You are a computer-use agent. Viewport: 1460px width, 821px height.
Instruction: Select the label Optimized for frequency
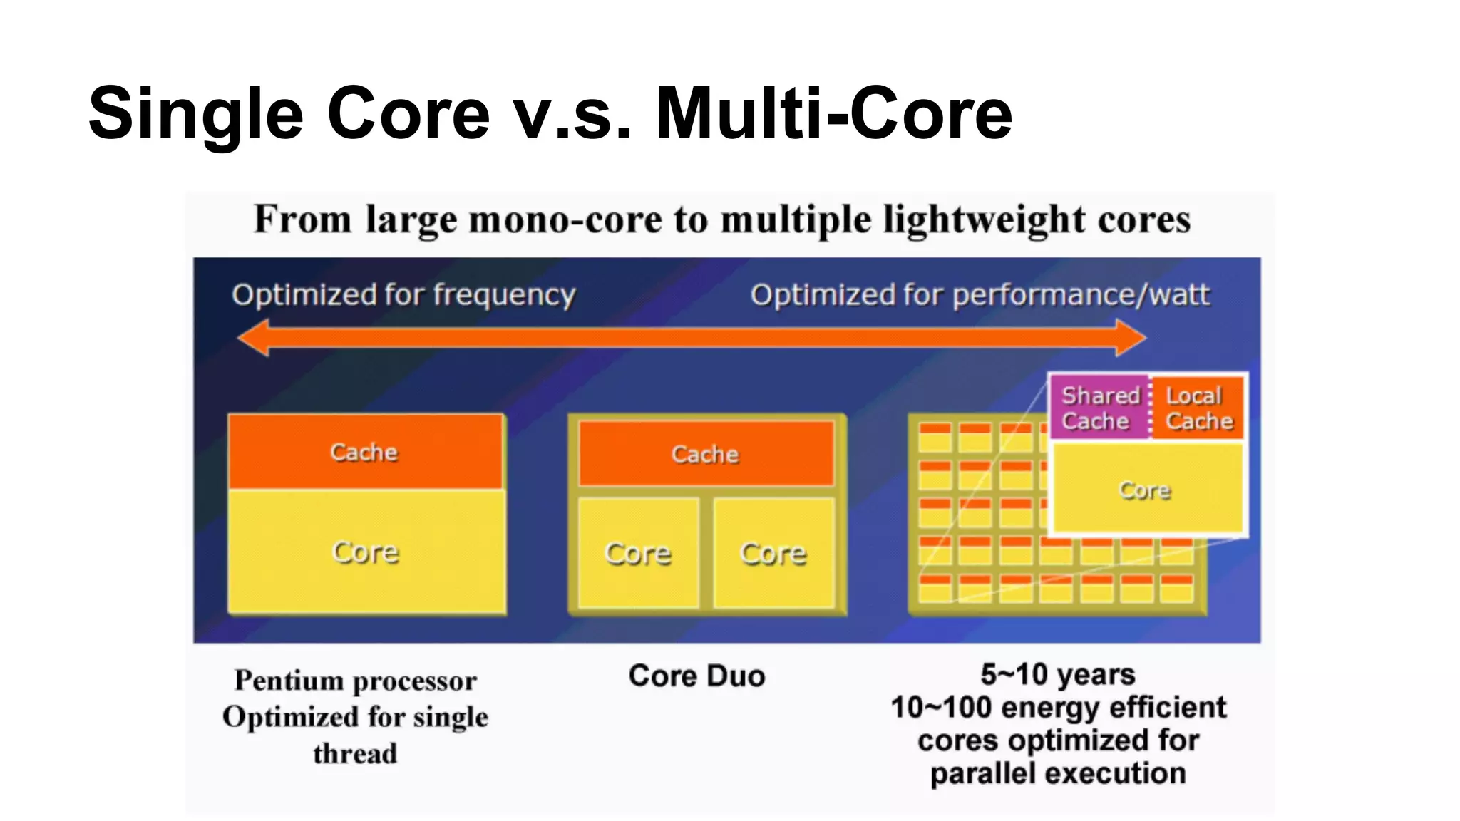pos(403,295)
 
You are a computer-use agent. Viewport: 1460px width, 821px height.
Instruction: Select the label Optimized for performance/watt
pos(980,295)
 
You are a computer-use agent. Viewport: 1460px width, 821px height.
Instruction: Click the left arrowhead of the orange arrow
pos(253,338)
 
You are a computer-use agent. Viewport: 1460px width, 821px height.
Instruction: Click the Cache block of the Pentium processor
pos(365,452)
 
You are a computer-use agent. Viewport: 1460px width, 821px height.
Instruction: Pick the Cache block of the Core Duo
pos(706,454)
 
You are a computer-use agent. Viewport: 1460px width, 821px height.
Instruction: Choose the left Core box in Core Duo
pos(638,554)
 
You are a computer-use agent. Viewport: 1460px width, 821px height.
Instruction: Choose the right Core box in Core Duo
pos(773,554)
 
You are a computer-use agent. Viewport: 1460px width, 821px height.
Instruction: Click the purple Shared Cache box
pos(1099,408)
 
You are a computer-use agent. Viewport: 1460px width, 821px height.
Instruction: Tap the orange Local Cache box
pos(1198,408)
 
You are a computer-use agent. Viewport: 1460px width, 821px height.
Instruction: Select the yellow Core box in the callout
pos(1146,490)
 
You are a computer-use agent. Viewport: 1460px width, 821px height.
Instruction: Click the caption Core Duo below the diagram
pos(696,676)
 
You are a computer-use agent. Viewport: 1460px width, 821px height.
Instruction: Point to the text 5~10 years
pos(1058,674)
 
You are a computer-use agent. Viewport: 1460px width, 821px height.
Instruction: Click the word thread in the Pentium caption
pos(355,754)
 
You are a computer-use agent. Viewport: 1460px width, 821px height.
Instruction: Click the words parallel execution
pos(1058,774)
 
